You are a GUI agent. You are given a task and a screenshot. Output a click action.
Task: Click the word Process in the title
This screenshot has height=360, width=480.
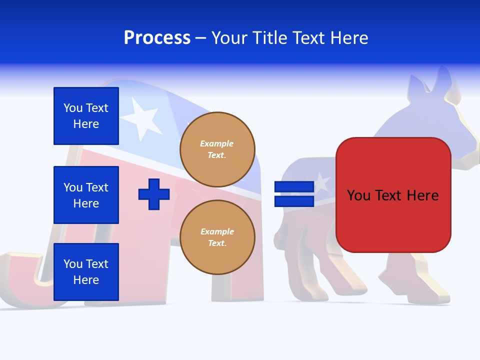[x=157, y=38]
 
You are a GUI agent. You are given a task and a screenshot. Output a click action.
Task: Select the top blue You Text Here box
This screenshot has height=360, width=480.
[x=86, y=116]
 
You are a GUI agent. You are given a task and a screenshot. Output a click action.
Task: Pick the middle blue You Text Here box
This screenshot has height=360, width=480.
[x=86, y=195]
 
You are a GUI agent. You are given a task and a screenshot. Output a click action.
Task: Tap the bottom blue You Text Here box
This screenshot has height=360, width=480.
[x=86, y=272]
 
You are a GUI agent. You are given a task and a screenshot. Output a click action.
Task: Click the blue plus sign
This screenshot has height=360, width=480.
[x=154, y=194]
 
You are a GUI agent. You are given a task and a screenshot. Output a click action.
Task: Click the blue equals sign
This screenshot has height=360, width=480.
[x=294, y=194]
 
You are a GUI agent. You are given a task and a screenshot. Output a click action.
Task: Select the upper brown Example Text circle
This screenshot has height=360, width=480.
[x=217, y=149]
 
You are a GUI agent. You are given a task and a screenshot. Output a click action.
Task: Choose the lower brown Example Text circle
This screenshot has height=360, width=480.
[x=217, y=237]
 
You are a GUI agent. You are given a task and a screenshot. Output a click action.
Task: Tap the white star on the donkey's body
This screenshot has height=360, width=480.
[x=321, y=183]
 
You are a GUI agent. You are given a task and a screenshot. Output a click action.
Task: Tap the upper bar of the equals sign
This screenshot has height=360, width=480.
[x=294, y=186]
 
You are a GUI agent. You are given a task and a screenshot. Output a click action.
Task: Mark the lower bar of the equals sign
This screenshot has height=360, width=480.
[x=294, y=201]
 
